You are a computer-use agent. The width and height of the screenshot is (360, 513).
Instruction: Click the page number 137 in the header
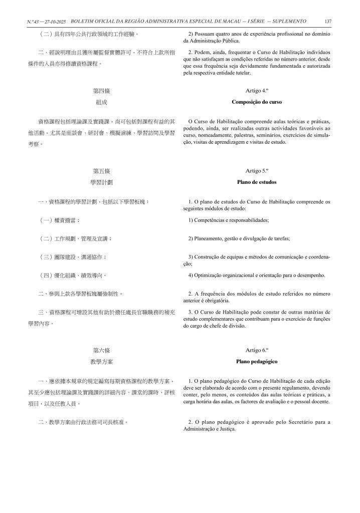(328, 21)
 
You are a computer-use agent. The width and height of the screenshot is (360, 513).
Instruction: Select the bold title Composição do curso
(257, 102)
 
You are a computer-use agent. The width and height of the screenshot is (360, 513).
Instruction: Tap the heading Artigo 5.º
(257, 170)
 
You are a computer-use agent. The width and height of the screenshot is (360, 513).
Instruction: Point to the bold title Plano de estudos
(257, 182)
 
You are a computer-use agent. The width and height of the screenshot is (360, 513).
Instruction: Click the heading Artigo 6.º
(257, 349)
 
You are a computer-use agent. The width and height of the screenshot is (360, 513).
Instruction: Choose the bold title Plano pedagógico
(257, 361)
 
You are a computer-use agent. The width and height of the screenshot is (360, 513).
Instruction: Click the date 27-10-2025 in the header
(55, 21)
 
